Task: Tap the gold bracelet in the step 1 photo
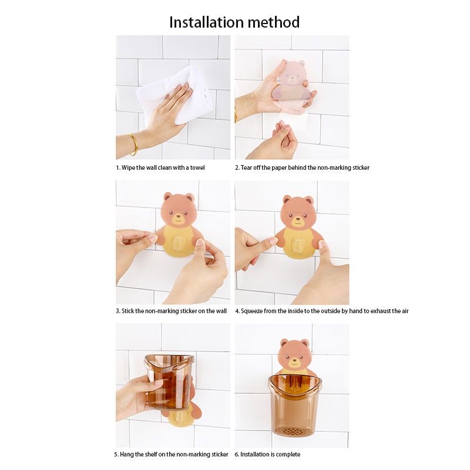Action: (133, 144)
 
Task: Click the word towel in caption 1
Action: (197, 167)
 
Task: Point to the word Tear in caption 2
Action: (246, 167)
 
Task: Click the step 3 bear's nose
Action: (179, 216)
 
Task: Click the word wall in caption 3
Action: (221, 311)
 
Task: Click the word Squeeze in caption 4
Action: (252, 311)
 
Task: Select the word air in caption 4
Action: (405, 311)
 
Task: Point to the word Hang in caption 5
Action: (126, 454)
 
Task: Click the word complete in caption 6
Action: (288, 454)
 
